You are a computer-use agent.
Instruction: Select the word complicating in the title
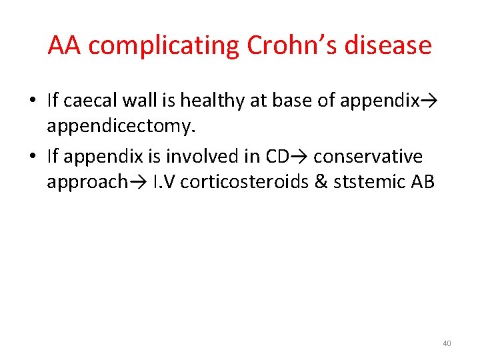pyautogui.click(x=164, y=46)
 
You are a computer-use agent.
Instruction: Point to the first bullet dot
pyautogui.click(x=32, y=101)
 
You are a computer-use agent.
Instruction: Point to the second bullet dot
pyautogui.click(x=32, y=157)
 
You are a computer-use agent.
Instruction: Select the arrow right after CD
pyautogui.click(x=301, y=156)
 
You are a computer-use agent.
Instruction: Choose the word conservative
pyautogui.click(x=367, y=156)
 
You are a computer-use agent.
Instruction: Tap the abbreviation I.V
pyautogui.click(x=164, y=182)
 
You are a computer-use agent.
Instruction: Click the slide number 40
pyautogui.click(x=446, y=343)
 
